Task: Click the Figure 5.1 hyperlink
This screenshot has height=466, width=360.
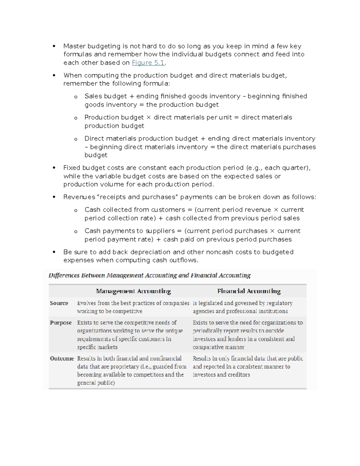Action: tap(148, 63)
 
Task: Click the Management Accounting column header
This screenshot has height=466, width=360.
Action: tap(133, 291)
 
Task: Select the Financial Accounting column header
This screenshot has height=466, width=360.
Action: tap(249, 291)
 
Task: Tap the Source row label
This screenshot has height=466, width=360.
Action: tap(59, 303)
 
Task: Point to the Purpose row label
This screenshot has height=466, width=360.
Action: tap(61, 323)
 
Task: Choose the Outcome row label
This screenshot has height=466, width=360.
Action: tap(62, 358)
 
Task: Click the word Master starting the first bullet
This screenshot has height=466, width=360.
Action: tap(74, 46)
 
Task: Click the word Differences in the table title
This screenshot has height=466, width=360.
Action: tap(64, 275)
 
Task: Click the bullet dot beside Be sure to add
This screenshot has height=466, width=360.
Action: tap(54, 252)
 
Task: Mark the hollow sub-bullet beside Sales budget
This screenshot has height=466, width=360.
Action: tap(76, 97)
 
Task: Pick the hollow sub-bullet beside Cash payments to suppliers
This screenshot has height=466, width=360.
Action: tap(76, 231)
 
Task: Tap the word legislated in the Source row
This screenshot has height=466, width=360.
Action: tap(210, 303)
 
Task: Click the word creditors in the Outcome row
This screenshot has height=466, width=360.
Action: tap(238, 374)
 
